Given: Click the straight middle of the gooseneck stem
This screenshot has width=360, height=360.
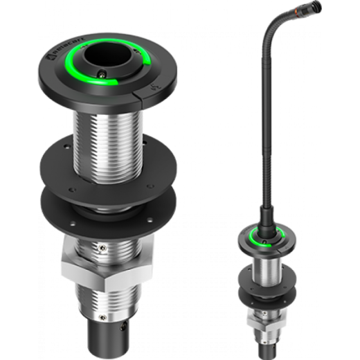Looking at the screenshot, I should (264, 138).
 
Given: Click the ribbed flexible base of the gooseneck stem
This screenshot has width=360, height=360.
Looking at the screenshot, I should (264, 215).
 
